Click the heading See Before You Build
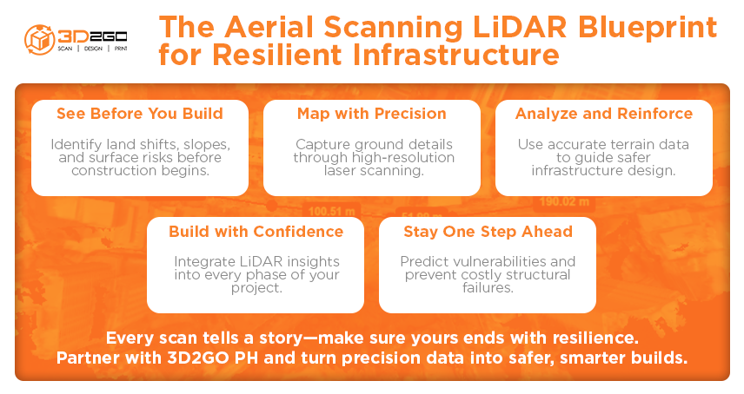click(x=140, y=114)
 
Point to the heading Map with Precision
click(x=371, y=114)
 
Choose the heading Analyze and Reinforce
click(x=603, y=114)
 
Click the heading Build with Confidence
click(x=256, y=232)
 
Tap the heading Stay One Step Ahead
click(x=487, y=232)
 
